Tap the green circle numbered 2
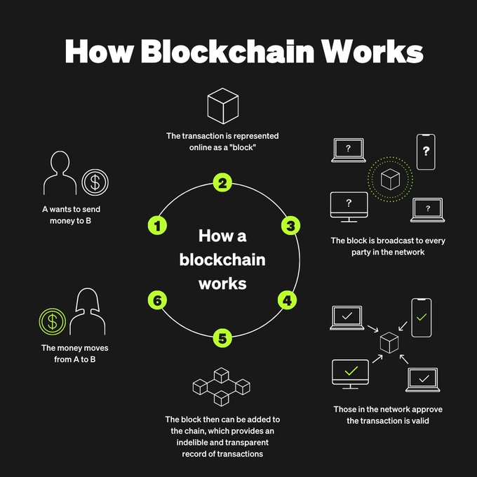tap(222, 184)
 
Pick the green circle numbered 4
tap(286, 300)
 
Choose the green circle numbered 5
tap(222, 339)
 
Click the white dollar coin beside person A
tap(95, 182)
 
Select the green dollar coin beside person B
tap(51, 322)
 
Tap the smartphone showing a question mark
tap(426, 152)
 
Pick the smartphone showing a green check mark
tap(421, 318)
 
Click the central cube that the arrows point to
tap(389, 343)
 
